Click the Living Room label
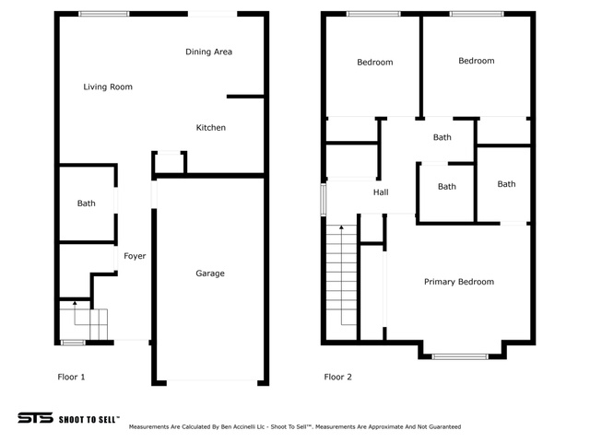pyautogui.click(x=108, y=87)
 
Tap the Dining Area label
pyautogui.click(x=209, y=52)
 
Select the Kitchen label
pyautogui.click(x=211, y=128)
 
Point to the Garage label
pyautogui.click(x=210, y=273)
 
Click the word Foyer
pyautogui.click(x=135, y=256)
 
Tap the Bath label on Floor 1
pyautogui.click(x=86, y=204)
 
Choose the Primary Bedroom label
pyautogui.click(x=459, y=282)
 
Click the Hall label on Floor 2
pyautogui.click(x=381, y=192)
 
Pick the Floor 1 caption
pyautogui.click(x=71, y=377)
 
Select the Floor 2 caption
pyautogui.click(x=338, y=377)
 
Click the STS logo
pyautogui.click(x=35, y=418)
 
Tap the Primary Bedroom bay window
pyautogui.click(x=459, y=356)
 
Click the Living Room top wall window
pyautogui.click(x=104, y=14)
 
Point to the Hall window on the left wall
pyautogui.click(x=324, y=200)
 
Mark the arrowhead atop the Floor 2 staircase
pyautogui.click(x=341, y=227)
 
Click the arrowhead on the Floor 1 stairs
pyautogui.click(x=75, y=303)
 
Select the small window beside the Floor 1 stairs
pyautogui.click(x=73, y=343)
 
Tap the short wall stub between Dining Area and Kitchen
pyautogui.click(x=245, y=97)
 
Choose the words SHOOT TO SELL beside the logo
pyautogui.click(x=89, y=420)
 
